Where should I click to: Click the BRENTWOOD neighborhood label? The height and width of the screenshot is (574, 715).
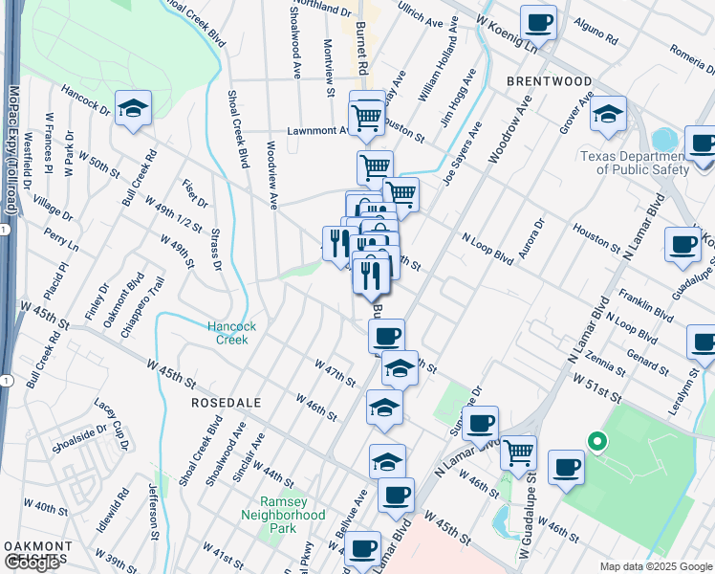[x=549, y=81]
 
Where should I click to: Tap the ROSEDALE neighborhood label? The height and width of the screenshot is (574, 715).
[x=227, y=403]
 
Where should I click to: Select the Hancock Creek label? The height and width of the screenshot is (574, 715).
[x=228, y=333]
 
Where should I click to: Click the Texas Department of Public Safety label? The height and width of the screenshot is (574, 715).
[x=635, y=162]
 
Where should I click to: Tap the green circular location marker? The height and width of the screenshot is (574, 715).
[x=597, y=441]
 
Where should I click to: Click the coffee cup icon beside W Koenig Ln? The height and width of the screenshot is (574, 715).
[x=539, y=22]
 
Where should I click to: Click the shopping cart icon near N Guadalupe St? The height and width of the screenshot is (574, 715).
[x=518, y=450]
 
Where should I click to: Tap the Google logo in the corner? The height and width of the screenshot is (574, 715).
[x=31, y=563]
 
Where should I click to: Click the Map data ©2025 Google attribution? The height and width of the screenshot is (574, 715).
[x=655, y=566]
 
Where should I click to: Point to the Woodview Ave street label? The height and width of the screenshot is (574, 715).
[x=271, y=175]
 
